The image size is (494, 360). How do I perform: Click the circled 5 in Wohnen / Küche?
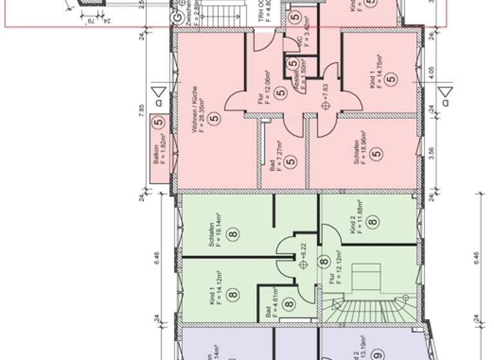[214, 118]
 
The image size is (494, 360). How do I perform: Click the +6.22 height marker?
[303, 253]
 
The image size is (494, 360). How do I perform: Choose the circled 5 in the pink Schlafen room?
[377, 154]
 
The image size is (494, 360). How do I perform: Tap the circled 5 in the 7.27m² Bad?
[290, 161]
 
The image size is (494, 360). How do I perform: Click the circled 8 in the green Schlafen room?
[232, 234]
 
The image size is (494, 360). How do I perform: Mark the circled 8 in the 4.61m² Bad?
[289, 305]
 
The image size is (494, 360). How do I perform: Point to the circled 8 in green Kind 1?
[232, 295]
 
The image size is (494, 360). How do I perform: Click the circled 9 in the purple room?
[378, 354]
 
